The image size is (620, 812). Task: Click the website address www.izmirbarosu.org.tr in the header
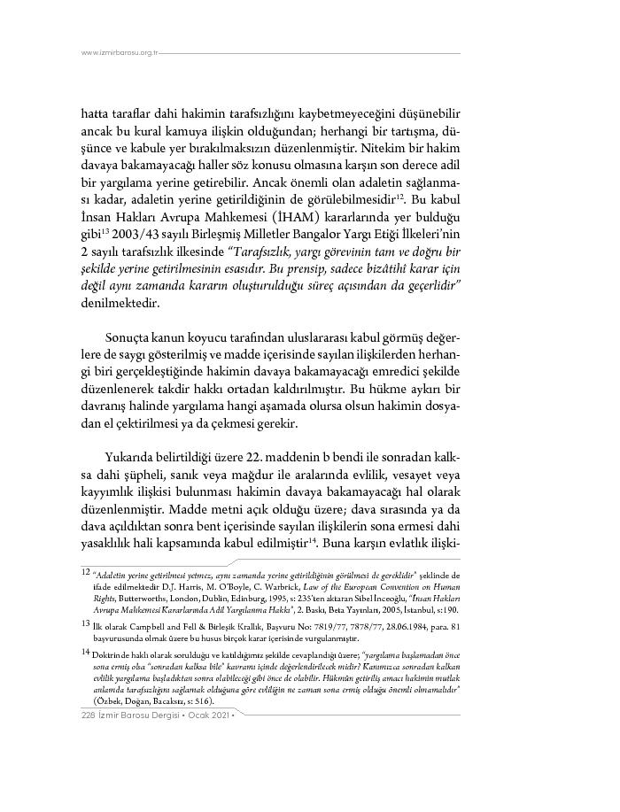tap(119, 53)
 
